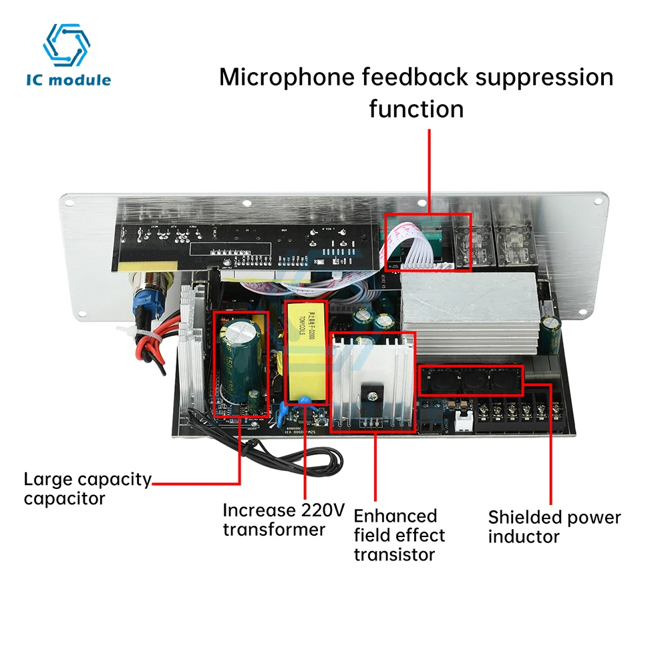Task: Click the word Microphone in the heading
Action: [x=289, y=77]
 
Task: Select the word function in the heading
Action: [x=416, y=108]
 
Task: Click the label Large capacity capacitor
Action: [x=87, y=488]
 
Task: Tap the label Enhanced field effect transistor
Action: [x=399, y=534]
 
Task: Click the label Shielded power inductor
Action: [x=554, y=526]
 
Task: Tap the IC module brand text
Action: [x=68, y=80]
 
